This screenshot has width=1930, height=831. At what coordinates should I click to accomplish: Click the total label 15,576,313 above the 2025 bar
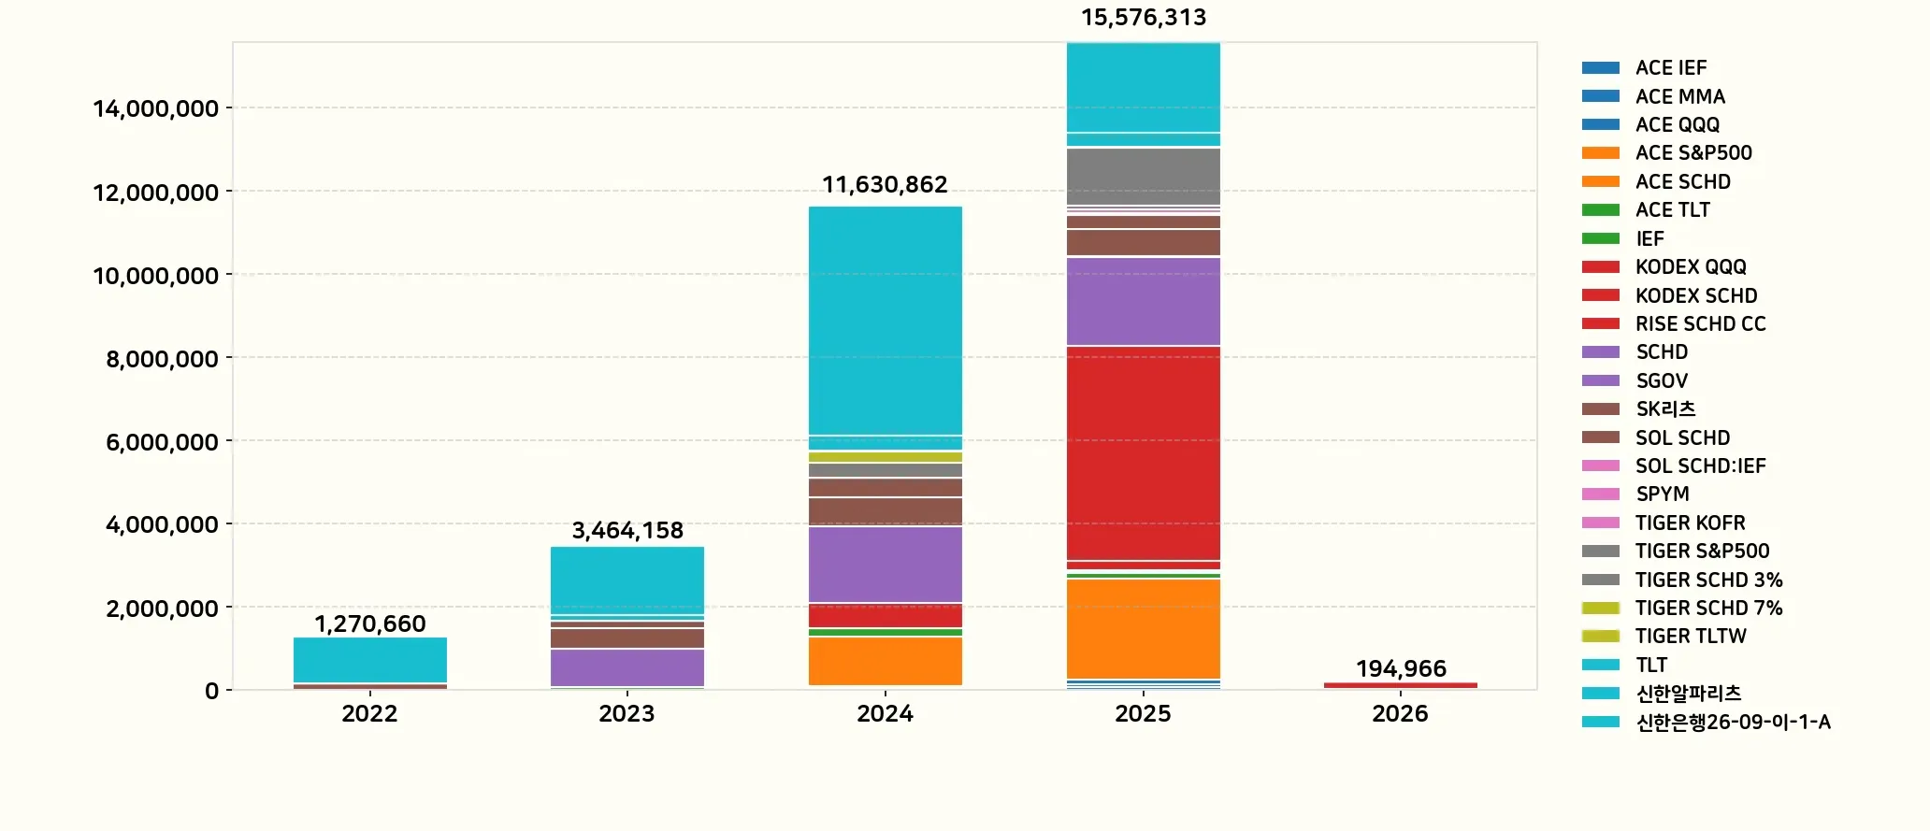(1143, 18)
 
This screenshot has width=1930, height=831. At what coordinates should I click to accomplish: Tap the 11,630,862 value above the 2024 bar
(885, 184)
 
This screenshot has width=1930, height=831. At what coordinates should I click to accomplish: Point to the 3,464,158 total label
(627, 530)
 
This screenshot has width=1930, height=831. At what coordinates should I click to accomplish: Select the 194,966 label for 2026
(1401, 668)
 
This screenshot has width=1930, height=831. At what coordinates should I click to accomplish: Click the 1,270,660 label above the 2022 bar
(369, 623)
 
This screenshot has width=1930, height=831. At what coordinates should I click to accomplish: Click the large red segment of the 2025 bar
(1143, 452)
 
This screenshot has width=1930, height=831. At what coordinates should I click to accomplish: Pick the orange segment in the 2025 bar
(1143, 628)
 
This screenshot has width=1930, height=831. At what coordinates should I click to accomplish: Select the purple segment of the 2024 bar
(885, 564)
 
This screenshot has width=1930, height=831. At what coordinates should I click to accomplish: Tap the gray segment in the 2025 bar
(1143, 176)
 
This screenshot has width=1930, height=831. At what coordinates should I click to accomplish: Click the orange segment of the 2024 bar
(885, 660)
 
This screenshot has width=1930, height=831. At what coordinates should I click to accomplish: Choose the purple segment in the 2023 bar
(627, 667)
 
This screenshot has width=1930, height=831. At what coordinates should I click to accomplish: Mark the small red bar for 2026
(1401, 685)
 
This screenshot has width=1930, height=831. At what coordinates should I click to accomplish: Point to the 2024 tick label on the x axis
(885, 714)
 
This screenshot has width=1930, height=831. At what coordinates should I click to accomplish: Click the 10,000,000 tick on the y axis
(155, 276)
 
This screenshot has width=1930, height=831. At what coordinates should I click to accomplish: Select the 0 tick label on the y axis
(212, 691)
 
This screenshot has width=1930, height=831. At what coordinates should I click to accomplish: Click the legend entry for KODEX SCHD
(1695, 295)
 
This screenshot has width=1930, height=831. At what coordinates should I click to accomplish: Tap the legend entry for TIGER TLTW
(1690, 636)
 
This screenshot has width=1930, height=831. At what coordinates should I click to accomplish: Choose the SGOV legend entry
(1661, 380)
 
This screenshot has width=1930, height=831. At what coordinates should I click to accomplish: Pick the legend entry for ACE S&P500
(1692, 152)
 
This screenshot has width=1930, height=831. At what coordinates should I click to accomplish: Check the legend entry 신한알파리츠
(1688, 693)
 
